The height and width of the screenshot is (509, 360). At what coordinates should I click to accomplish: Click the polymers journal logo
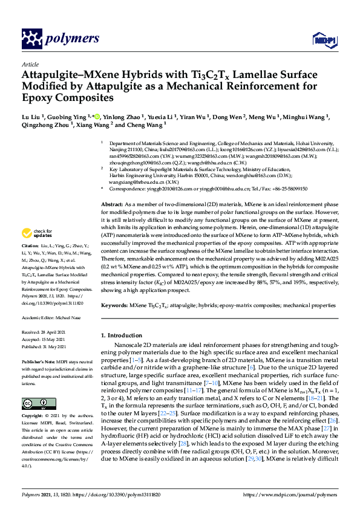click(60, 39)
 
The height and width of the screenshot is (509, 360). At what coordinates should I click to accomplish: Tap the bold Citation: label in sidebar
click(31, 247)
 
